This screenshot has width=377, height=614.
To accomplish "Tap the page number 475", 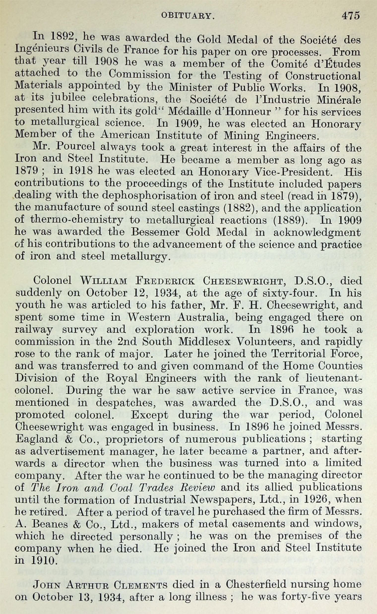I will coord(350,15).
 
